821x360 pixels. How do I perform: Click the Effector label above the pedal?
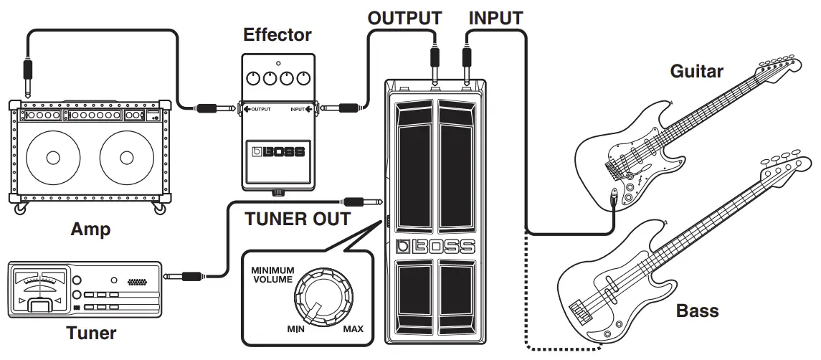[x=277, y=34]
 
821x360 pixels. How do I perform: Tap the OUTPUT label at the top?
[x=404, y=17]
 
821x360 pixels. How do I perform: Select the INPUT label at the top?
[x=495, y=17]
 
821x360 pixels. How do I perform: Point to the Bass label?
[x=697, y=311]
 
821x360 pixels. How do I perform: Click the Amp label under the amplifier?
[x=90, y=229]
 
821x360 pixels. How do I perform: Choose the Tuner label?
[x=91, y=333]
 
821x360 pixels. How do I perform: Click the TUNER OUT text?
[x=298, y=219]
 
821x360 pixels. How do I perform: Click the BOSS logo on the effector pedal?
[x=277, y=152]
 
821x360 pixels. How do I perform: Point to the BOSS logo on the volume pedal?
[x=435, y=246]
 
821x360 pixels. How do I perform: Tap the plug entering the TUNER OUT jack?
[x=363, y=202]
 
